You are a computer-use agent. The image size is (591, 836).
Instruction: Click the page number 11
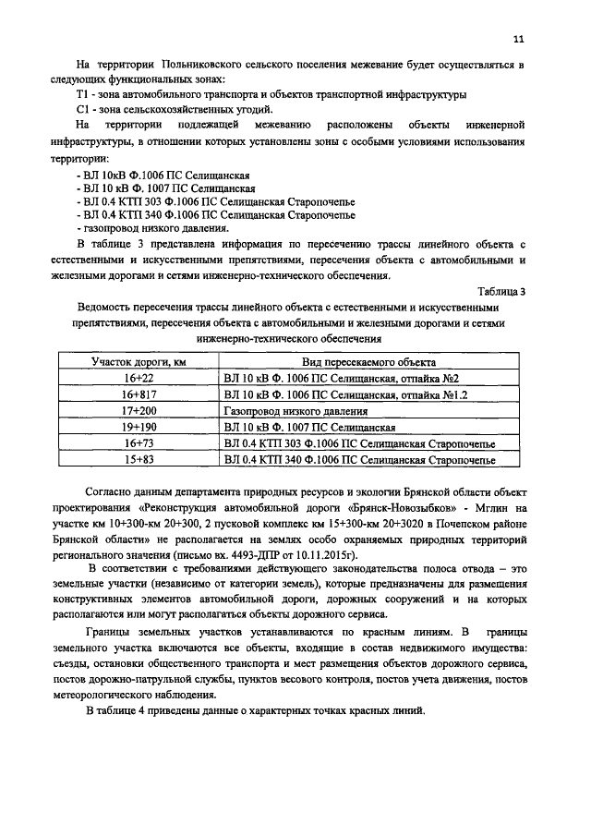(519, 39)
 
